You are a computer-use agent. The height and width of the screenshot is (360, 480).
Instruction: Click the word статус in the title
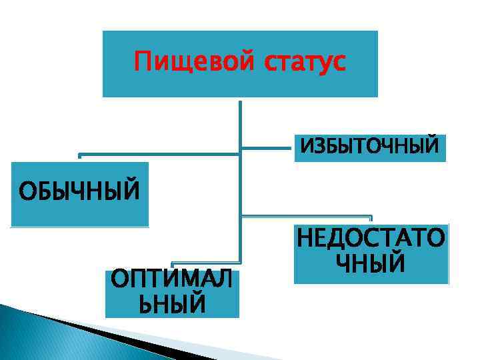[306, 63]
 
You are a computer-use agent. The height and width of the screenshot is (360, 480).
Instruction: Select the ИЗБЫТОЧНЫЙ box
[370, 146]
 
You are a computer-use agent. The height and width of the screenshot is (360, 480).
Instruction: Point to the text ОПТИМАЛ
[172, 280]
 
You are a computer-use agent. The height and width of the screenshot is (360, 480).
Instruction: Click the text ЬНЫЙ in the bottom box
[171, 305]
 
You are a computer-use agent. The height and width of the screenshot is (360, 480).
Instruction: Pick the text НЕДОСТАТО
[371, 238]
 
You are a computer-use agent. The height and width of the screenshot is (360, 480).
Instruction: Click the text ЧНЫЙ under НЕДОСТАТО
[371, 263]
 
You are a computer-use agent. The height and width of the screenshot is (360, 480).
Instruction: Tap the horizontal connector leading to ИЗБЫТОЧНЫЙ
[267, 146]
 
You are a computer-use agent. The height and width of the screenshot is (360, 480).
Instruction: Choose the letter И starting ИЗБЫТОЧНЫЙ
[307, 146]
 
